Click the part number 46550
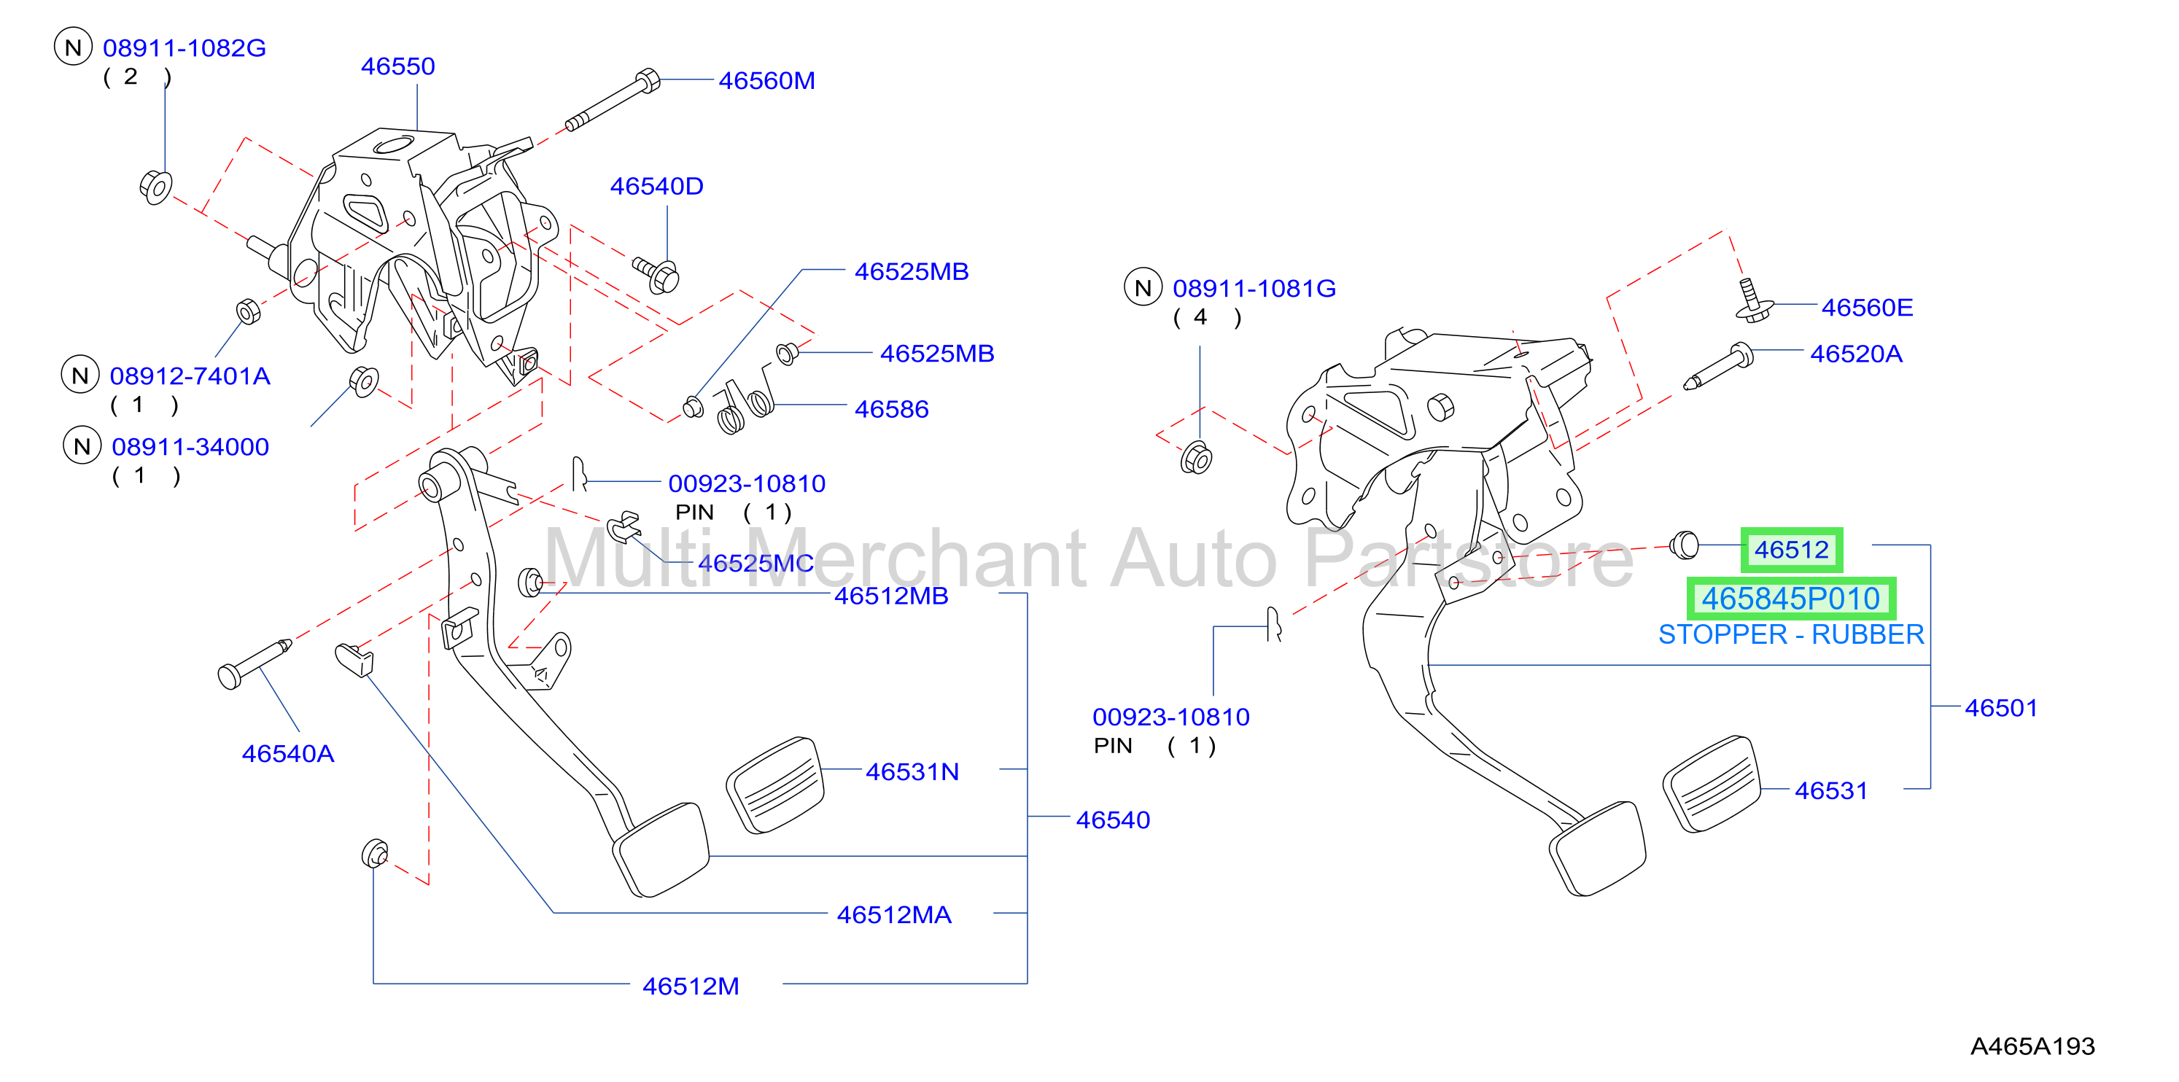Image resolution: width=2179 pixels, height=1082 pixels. tap(397, 66)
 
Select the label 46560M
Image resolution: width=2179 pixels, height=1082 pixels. tap(766, 80)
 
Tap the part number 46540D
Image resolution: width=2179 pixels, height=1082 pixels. tap(656, 186)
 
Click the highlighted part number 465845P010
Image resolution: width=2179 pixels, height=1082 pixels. tap(1791, 599)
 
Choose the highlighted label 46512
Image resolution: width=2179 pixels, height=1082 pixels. tap(1792, 550)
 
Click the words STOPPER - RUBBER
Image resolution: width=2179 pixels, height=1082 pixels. tap(1791, 634)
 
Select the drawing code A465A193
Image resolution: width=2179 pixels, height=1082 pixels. tap(2032, 1046)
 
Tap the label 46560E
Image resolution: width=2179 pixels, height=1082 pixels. tap(1867, 308)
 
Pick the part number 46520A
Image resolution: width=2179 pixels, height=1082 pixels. tap(1856, 354)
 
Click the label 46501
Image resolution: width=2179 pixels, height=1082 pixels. tap(2000, 708)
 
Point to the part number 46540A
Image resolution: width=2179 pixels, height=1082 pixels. tap(287, 754)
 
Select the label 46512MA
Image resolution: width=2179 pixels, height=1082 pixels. tap(893, 915)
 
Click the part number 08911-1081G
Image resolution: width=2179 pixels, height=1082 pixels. tap(1254, 289)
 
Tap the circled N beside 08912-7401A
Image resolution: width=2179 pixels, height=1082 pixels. tap(80, 375)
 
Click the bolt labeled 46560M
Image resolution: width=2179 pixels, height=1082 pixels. tap(613, 101)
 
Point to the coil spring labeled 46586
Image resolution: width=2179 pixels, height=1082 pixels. tap(745, 405)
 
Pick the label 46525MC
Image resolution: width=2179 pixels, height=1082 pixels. tap(756, 564)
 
